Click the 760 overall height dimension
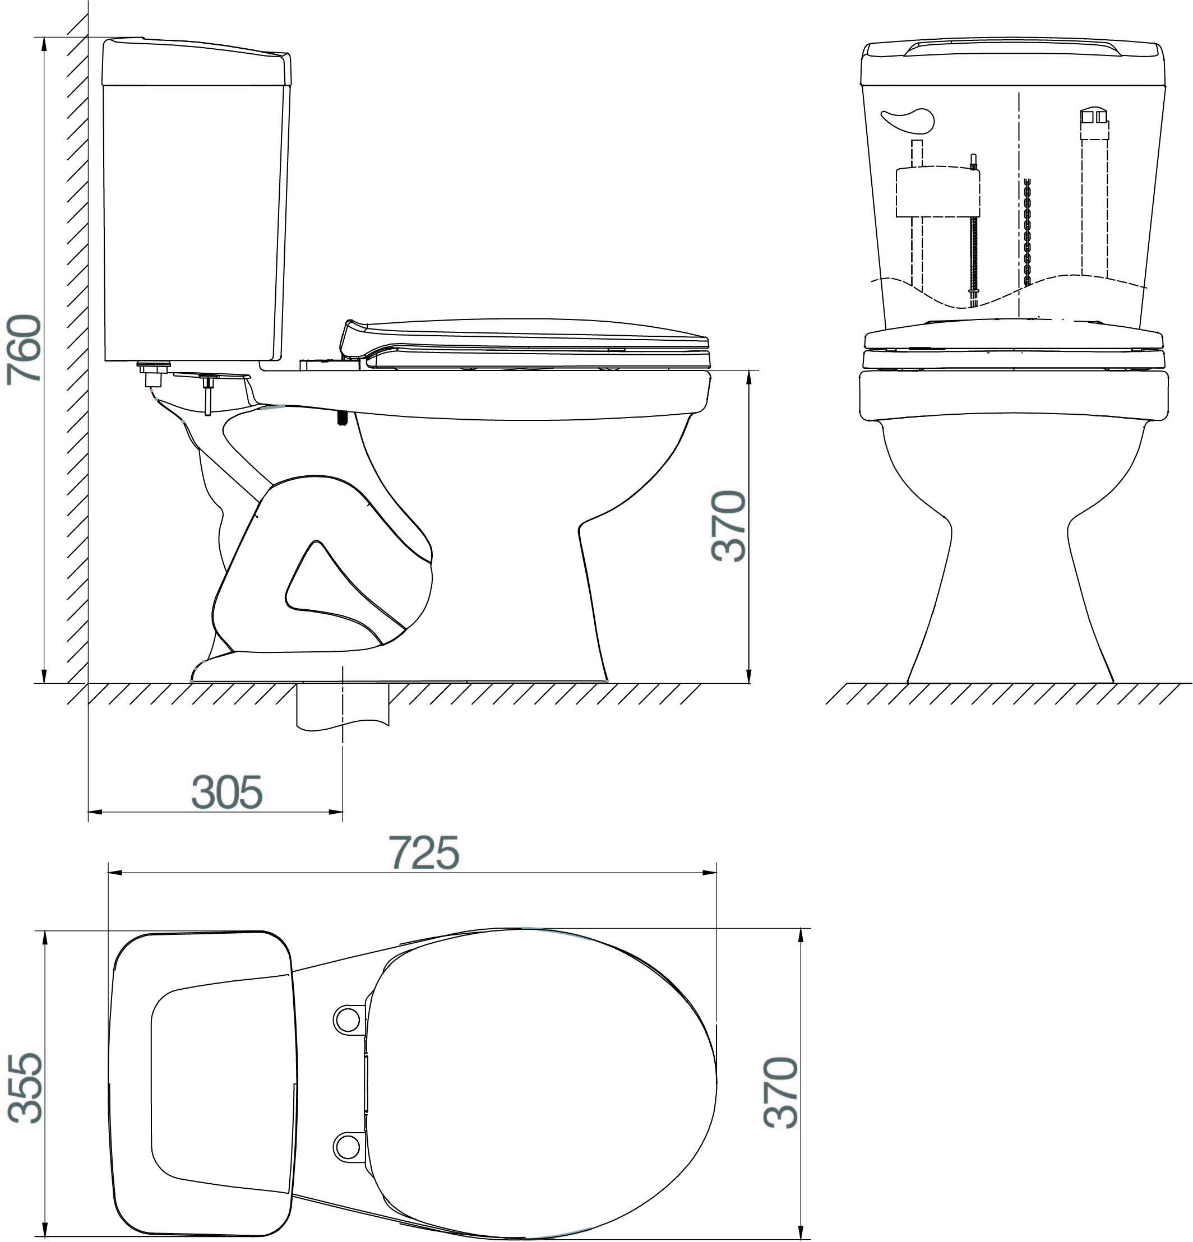(x=24, y=349)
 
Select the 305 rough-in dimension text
(x=227, y=792)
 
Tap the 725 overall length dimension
(x=423, y=853)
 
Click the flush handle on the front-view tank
(x=908, y=121)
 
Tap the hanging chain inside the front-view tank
(x=1028, y=231)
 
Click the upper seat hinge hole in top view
(x=346, y=1019)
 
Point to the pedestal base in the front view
(x=1010, y=608)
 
